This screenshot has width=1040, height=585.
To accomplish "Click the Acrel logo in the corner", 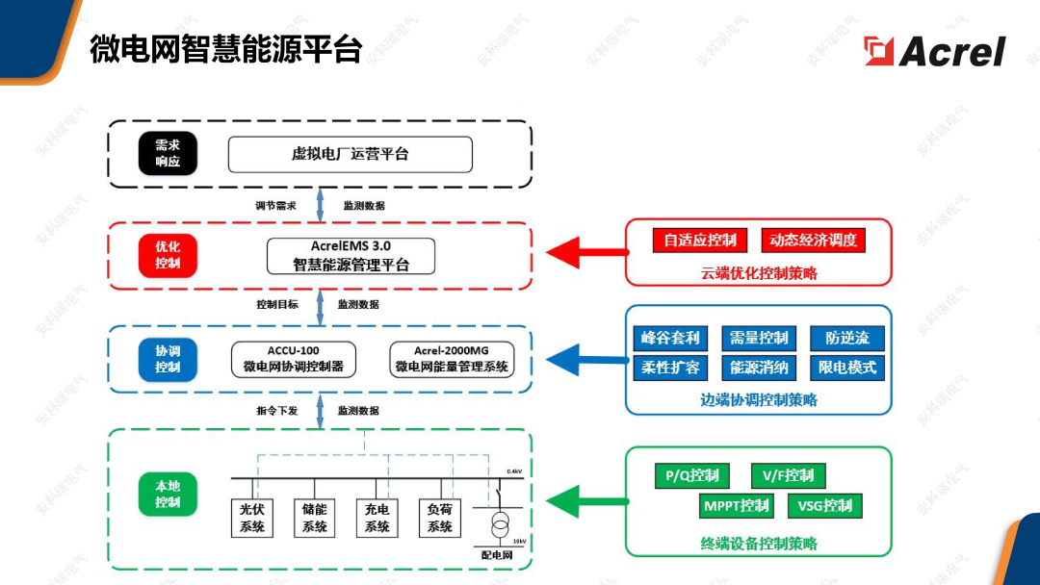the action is point(934,51).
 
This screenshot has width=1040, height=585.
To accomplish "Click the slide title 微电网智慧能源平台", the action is point(226,50).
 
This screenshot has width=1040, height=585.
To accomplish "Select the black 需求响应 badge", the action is point(168,154).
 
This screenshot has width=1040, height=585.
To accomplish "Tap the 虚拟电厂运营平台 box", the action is point(351,154).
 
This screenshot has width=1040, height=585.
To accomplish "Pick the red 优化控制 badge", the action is point(168,256).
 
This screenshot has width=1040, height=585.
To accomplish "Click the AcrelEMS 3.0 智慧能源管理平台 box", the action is point(351,256).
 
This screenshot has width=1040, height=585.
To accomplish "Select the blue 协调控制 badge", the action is point(168,360).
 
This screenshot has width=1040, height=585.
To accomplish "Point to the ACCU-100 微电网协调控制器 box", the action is point(293,360).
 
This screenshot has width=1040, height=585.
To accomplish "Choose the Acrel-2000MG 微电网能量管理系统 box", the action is point(452,360).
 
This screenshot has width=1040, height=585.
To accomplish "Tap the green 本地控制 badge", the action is point(168,495).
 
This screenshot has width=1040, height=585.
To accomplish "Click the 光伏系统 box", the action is point(252,518).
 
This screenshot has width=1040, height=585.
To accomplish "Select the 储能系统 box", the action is point(314,518).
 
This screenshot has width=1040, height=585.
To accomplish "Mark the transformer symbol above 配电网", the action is point(500,524).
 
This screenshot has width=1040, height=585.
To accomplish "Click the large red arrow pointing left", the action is point(587,252).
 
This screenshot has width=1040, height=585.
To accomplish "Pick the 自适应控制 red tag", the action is point(700,240).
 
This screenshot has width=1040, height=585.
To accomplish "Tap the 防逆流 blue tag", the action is point(847,338).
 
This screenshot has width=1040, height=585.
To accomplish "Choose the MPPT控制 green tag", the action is point(737,506).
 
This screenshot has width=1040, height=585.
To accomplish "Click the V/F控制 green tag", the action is point(788,475).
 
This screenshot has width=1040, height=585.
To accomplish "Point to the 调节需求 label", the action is point(276,206).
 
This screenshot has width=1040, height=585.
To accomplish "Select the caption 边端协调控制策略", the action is point(759,399).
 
